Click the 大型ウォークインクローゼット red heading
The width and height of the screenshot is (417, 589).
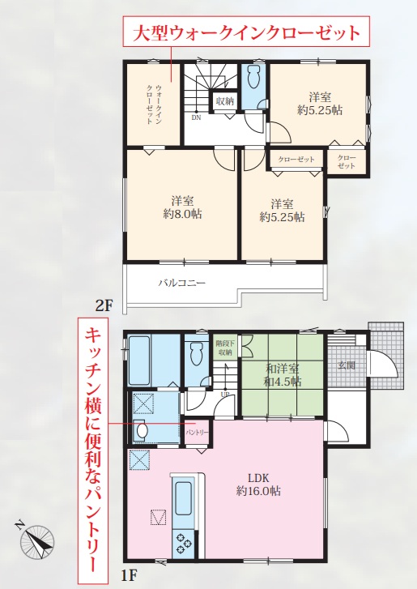pyautogui.click(x=247, y=32)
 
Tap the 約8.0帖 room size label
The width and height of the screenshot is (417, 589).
pyautogui.click(x=183, y=214)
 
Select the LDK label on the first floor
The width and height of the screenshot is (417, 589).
pyautogui.click(x=258, y=478)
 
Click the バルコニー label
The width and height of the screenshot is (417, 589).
pyautogui.click(x=181, y=283)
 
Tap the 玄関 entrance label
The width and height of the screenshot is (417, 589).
pyautogui.click(x=346, y=365)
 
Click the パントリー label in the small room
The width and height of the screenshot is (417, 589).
pyautogui.click(x=198, y=433)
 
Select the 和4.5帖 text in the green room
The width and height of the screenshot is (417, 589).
pyautogui.click(x=283, y=382)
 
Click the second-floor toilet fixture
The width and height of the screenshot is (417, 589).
pyautogui.click(x=253, y=78)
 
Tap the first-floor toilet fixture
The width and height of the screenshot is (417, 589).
pyautogui.click(x=197, y=353)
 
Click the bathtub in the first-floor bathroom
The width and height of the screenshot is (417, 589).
pyautogui.click(x=139, y=360)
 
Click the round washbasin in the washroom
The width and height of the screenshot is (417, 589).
pyautogui.click(x=142, y=431)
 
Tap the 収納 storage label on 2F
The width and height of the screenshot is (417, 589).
pyautogui.click(x=225, y=101)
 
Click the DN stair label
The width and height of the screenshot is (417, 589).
pyautogui.click(x=196, y=117)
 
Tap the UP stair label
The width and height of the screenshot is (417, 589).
pyautogui.click(x=225, y=395)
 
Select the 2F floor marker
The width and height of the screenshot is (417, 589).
pyautogui.click(x=104, y=306)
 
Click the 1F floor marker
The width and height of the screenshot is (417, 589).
pyautogui.click(x=129, y=575)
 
